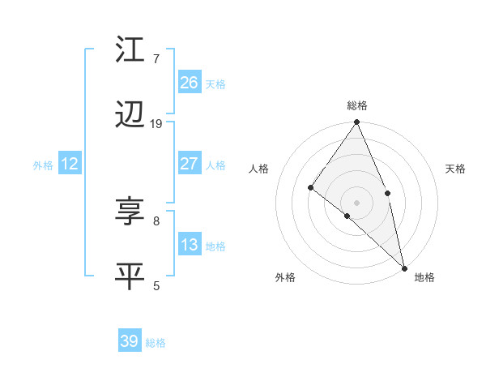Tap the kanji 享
click(x=130, y=212)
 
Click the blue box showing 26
click(x=189, y=82)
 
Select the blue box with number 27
click(x=189, y=164)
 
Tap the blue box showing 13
click(x=189, y=245)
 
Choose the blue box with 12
click(x=70, y=164)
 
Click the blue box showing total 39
click(x=130, y=341)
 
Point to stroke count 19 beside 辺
click(x=156, y=124)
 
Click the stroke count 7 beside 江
click(x=156, y=58)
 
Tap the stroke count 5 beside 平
click(x=156, y=285)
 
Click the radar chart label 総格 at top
click(x=357, y=105)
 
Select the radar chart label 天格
click(x=456, y=169)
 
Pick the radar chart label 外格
click(x=285, y=277)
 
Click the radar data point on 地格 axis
click(x=404, y=268)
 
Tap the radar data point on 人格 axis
click(x=311, y=187)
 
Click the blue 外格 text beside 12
click(x=43, y=165)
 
